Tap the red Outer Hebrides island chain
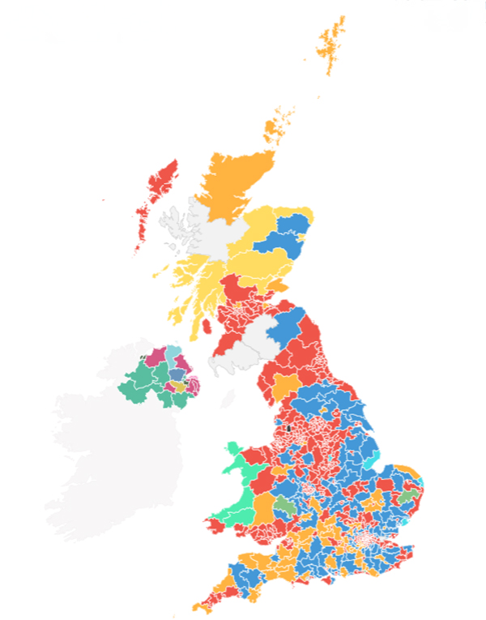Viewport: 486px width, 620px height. (x=158, y=190)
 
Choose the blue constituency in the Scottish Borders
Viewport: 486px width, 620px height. (x=284, y=324)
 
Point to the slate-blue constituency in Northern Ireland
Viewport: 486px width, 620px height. (x=177, y=374)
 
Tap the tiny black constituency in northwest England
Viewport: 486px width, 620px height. (x=288, y=426)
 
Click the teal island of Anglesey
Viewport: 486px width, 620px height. (x=235, y=451)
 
